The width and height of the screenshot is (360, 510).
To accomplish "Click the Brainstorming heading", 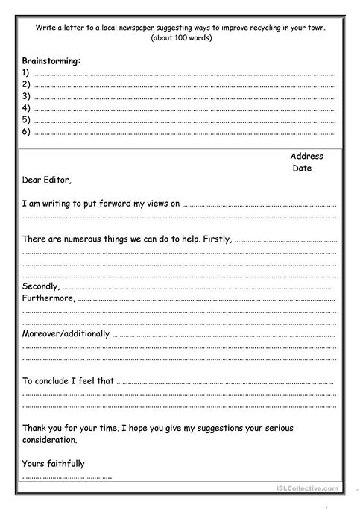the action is click(x=51, y=61).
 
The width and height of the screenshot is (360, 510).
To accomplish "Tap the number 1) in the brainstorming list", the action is click(x=26, y=73).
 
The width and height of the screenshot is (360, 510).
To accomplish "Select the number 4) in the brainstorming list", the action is click(x=26, y=108).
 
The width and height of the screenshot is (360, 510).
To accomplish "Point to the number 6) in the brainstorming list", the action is click(x=26, y=131).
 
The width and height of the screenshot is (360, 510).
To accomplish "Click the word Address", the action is click(x=306, y=157).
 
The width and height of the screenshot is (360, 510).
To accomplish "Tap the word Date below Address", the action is click(x=302, y=169).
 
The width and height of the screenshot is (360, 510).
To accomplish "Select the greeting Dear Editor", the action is click(x=48, y=180).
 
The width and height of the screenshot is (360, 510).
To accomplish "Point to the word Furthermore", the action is click(x=48, y=298).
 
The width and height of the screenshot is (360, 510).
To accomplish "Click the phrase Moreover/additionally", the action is click(x=66, y=333).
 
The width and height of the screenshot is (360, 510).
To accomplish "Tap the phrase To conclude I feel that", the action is click(x=68, y=380).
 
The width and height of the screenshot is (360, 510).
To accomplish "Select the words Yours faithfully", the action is click(x=54, y=463).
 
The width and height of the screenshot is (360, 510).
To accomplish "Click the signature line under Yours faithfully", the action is click(x=67, y=477).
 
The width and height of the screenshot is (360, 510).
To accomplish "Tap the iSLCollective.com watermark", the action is click(x=307, y=489).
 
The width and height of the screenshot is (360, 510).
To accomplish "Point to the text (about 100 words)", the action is click(x=180, y=37).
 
